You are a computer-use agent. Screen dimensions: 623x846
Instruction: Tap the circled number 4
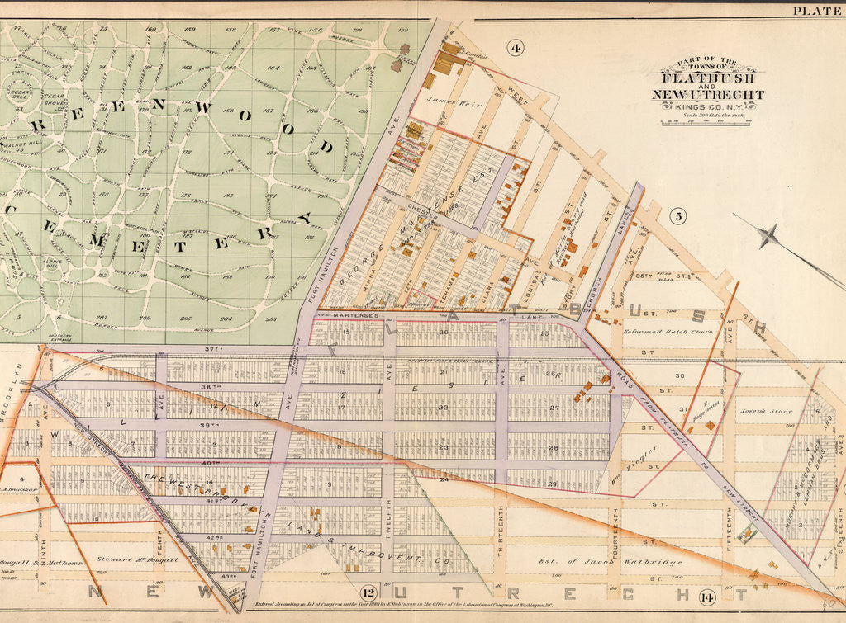[516, 48]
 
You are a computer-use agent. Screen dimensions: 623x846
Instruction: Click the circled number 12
[368, 591]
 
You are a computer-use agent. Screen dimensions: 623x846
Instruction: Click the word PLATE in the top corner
[816, 11]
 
